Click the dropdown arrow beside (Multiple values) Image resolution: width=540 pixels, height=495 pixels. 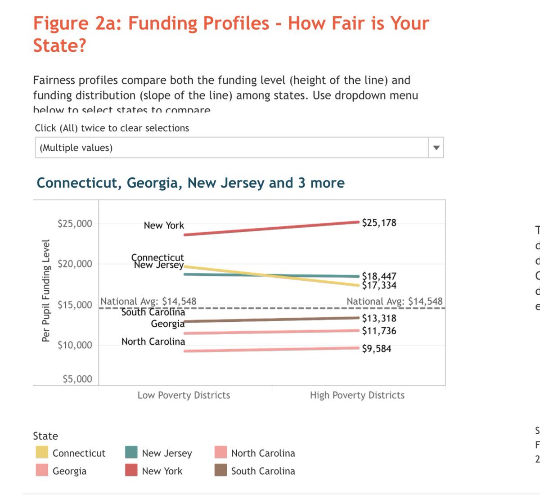[x=436, y=148]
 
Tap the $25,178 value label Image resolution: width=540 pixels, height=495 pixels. [x=379, y=223]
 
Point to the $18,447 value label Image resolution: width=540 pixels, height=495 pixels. [x=379, y=276]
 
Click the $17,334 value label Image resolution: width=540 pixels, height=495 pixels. [x=379, y=285]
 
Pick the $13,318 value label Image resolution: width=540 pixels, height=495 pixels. [x=379, y=318]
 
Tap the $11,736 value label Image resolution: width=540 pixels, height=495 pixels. [x=379, y=331]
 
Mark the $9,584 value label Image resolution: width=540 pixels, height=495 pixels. [x=377, y=349]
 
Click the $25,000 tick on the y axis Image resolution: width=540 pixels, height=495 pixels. [x=75, y=224]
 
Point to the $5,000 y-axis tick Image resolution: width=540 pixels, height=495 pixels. [x=77, y=379]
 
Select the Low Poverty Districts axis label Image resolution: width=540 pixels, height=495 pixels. [x=184, y=395]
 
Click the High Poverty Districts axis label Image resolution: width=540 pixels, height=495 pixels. [x=357, y=395]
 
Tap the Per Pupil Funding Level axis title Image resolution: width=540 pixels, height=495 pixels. [x=45, y=291]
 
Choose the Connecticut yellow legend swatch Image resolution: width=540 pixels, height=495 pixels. [x=42, y=452]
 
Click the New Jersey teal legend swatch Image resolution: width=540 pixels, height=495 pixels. [x=131, y=452]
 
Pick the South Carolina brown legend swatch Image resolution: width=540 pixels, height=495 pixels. [x=220, y=470]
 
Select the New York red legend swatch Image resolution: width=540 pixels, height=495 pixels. [x=131, y=470]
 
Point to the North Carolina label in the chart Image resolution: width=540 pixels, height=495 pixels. [x=153, y=342]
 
